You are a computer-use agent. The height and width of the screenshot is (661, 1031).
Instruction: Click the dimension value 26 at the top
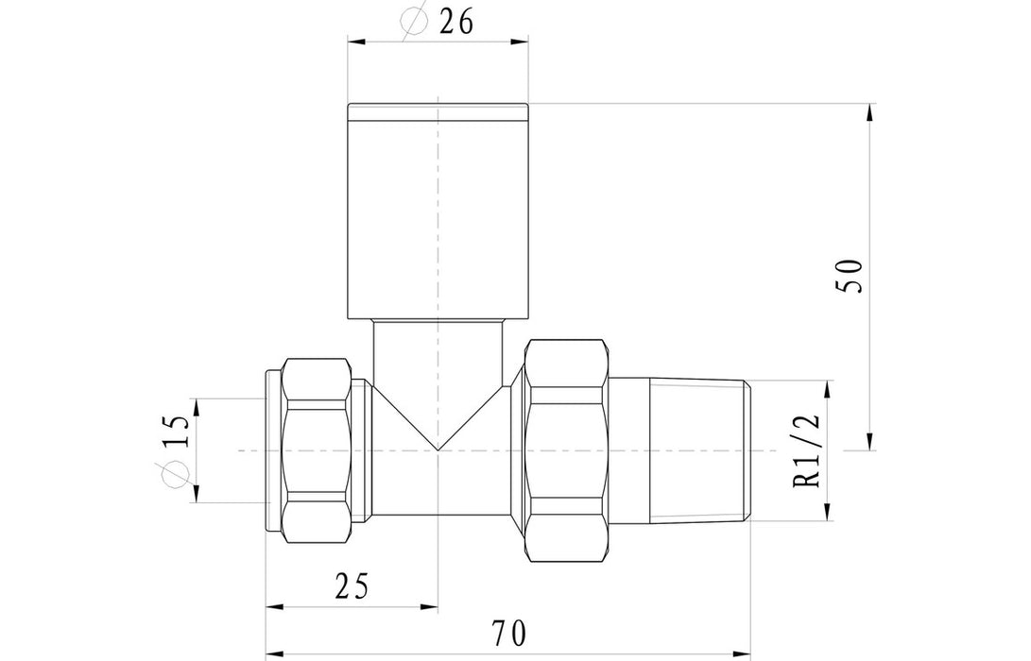[x=456, y=23]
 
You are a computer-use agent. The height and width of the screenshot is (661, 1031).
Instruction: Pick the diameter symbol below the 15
[x=177, y=478]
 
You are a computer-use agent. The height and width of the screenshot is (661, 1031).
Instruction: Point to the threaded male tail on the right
[x=680, y=451]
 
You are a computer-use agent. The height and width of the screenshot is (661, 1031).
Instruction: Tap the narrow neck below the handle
[x=438, y=349]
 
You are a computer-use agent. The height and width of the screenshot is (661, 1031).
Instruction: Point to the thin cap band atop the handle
[x=438, y=112]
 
